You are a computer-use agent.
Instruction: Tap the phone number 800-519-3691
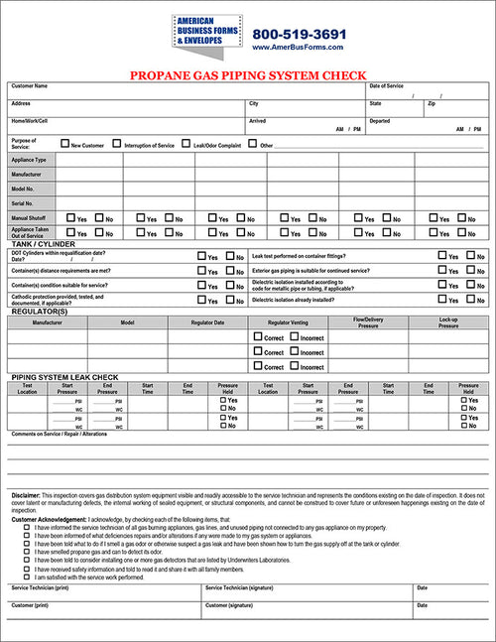click(x=299, y=34)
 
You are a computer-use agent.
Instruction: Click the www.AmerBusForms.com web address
click(x=299, y=47)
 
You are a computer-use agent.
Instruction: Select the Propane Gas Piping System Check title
click(x=248, y=74)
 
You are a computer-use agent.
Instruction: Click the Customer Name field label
click(x=30, y=86)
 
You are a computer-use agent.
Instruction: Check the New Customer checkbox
click(x=64, y=145)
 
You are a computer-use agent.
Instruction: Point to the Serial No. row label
click(x=23, y=202)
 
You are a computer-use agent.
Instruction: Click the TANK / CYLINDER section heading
click(x=43, y=244)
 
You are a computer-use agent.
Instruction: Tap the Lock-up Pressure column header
click(x=447, y=322)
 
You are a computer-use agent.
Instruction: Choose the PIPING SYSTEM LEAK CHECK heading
click(x=64, y=378)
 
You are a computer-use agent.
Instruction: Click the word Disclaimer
click(x=26, y=494)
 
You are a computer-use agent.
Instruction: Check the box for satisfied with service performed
click(x=27, y=577)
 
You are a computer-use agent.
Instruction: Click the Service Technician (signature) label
click(x=242, y=587)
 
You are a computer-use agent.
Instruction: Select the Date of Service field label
click(x=387, y=86)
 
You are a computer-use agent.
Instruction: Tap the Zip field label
click(x=432, y=103)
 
